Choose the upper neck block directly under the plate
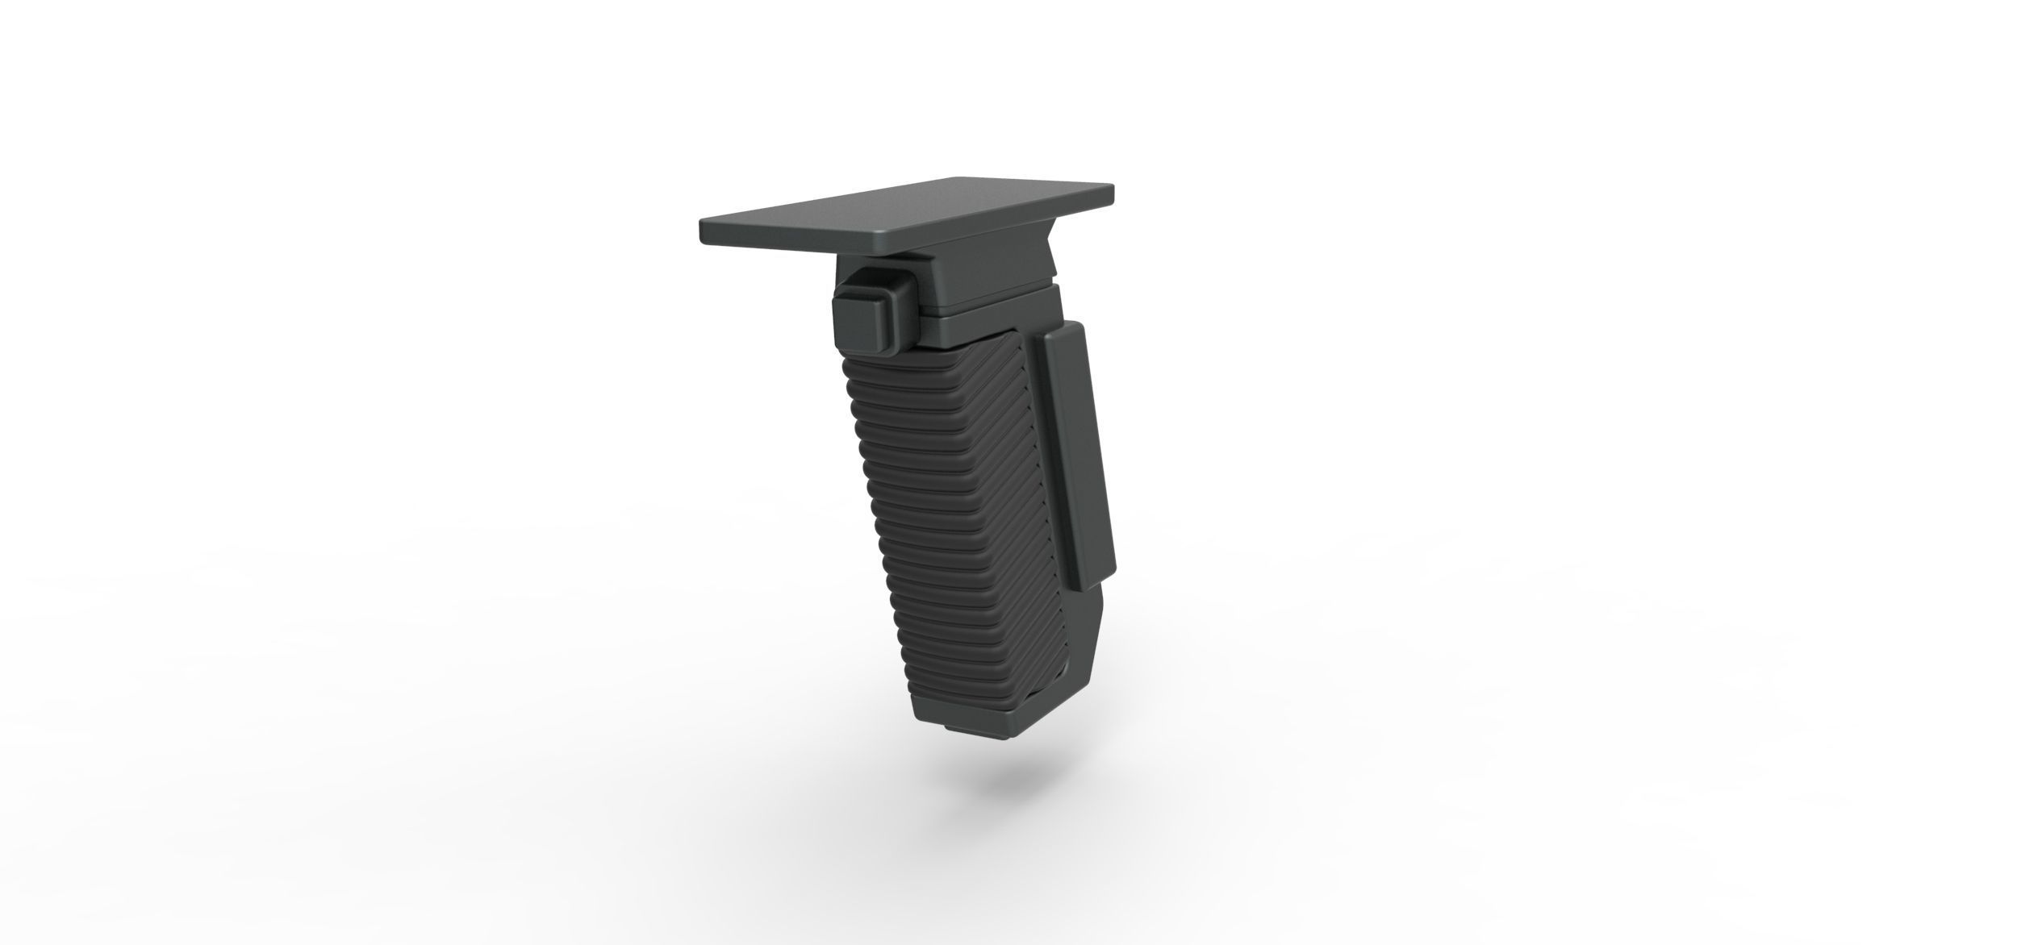click(x=992, y=278)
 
